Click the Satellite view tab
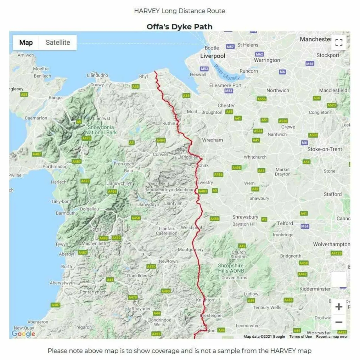point(58,42)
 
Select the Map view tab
point(26,42)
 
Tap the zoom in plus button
point(339,307)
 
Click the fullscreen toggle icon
point(339,42)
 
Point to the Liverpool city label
point(213,56)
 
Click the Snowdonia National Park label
point(101,130)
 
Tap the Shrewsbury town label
point(245,217)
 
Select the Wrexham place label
point(212,140)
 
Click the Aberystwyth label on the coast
point(62,283)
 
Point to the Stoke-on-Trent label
point(325,149)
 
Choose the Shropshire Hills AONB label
point(231,268)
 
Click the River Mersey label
point(227,73)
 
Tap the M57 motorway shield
point(230,47)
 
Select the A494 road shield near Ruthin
point(161,140)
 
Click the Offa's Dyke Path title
point(179,27)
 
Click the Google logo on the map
point(23,334)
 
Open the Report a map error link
point(332,337)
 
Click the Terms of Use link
point(300,337)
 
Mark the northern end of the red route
point(155,71)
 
